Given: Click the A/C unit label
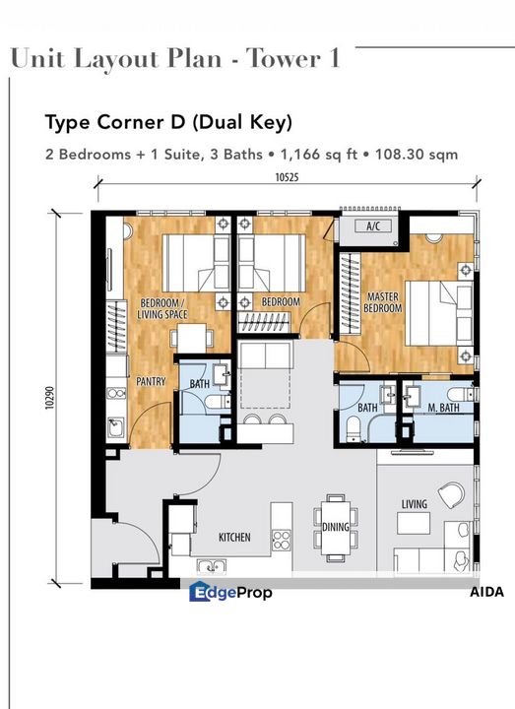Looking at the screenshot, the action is click(373, 226).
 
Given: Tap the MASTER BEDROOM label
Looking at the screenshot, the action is click(383, 302).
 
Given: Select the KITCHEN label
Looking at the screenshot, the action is click(234, 537).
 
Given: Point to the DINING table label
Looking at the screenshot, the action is click(336, 527).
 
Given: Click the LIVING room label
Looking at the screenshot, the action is click(415, 504).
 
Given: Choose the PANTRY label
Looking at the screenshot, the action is click(151, 381).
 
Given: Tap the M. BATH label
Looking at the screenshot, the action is click(443, 408).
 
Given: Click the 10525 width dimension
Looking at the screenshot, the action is click(288, 177).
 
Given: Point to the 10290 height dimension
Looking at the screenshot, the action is click(50, 398).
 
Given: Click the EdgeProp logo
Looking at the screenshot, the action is click(230, 592).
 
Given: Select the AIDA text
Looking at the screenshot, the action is click(486, 592).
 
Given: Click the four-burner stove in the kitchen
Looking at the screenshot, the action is click(282, 541).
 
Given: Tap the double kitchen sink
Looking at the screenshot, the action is click(212, 566).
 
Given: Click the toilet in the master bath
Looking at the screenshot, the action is click(461, 394).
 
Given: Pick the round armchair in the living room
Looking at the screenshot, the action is click(451, 494).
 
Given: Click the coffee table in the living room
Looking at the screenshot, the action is click(414, 523).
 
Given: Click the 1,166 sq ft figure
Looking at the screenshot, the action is click(319, 155).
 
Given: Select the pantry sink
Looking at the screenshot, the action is click(115, 427).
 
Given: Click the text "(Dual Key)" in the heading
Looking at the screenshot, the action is click(242, 122).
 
